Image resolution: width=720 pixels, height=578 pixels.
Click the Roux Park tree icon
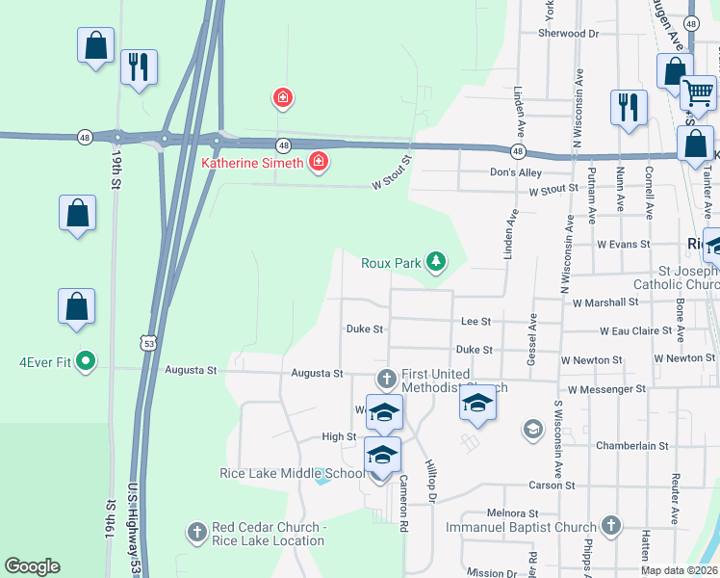(x=436, y=261)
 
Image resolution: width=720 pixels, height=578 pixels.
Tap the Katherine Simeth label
(x=252, y=163)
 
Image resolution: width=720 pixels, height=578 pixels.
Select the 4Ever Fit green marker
(x=86, y=361)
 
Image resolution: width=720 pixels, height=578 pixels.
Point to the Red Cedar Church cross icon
(x=196, y=531)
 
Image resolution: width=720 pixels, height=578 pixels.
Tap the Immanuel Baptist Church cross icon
(x=609, y=525)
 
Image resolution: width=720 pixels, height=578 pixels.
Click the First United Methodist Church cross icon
(x=386, y=377)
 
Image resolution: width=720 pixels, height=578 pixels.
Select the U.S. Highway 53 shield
(x=147, y=342)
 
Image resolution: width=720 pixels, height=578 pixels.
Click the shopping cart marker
(x=699, y=93)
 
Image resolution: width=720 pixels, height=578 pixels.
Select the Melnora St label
(x=511, y=513)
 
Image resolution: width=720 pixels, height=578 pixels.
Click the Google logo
(x=32, y=566)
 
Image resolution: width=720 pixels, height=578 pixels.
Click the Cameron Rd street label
(x=405, y=492)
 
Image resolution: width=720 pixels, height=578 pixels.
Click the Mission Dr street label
(x=492, y=572)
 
